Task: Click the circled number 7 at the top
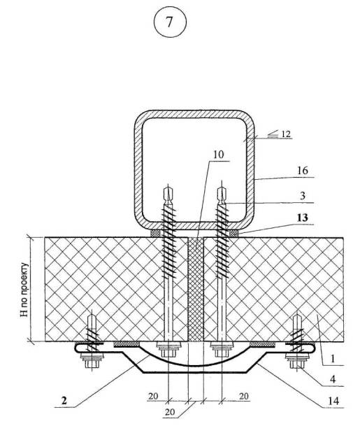coord(170,22)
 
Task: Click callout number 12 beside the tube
coord(286,134)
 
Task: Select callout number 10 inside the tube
coord(219,155)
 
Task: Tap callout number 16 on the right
coord(303,171)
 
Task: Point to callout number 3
coord(303,196)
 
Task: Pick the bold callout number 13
coord(302,218)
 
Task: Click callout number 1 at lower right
coord(333,359)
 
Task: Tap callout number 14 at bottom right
coord(333,401)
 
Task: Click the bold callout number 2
coord(64,400)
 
